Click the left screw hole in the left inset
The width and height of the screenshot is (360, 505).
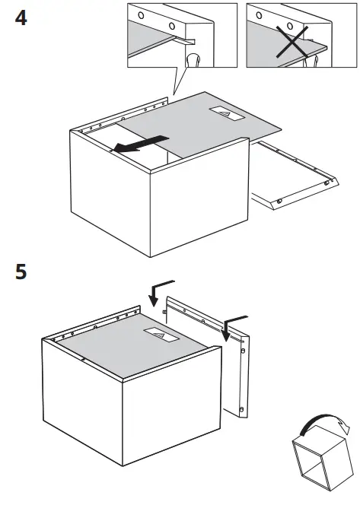(142, 16)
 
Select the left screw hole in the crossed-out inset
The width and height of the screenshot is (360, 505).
(260, 15)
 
